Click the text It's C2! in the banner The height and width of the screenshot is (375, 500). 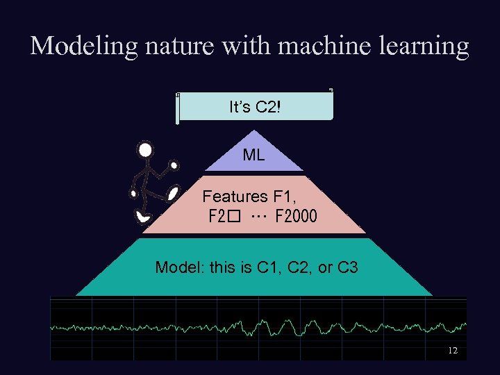coord(255,107)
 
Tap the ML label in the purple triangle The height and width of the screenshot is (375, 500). coord(253,156)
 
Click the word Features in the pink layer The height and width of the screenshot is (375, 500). coord(235,197)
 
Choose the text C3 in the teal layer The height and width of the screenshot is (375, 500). coord(347,267)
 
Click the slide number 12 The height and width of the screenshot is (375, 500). coord(452,351)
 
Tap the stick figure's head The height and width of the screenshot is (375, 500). coord(145,150)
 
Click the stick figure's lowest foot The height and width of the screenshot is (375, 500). coord(144,217)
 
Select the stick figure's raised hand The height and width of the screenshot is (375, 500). coord(174,166)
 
